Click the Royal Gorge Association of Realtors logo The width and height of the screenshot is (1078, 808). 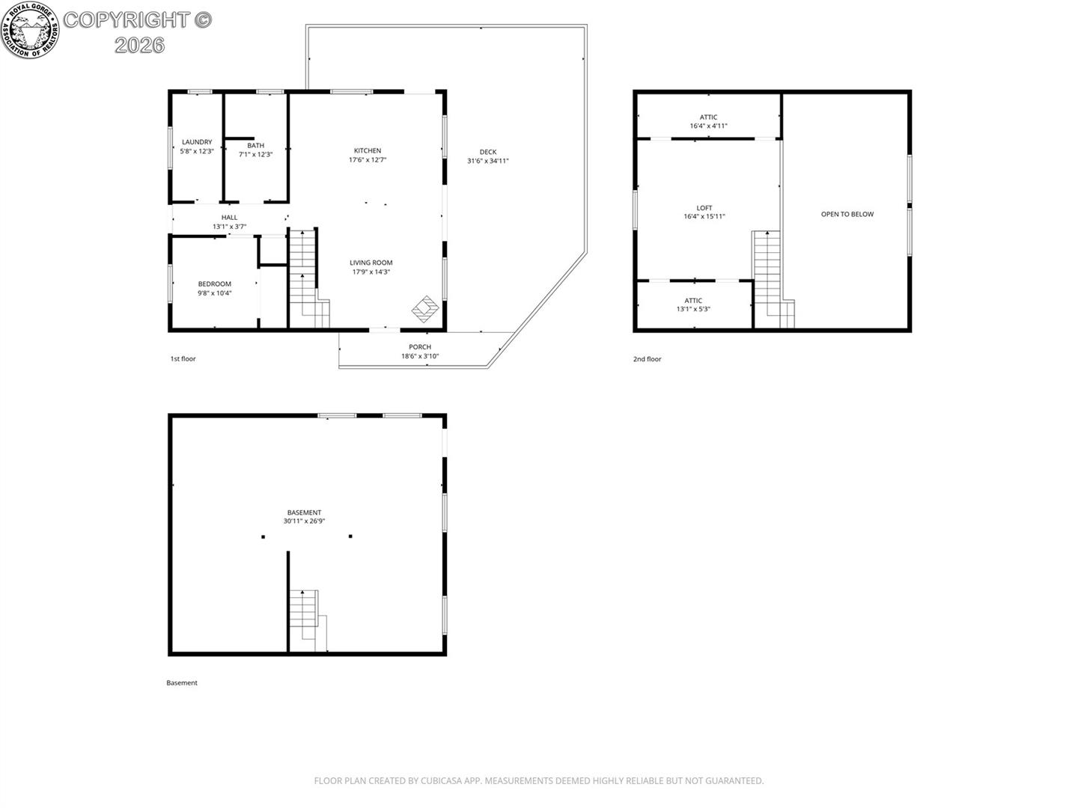(x=31, y=29)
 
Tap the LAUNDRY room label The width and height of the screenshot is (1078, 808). (x=197, y=142)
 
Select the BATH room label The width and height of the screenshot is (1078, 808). (x=255, y=146)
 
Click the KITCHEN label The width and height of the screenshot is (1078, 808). (x=368, y=150)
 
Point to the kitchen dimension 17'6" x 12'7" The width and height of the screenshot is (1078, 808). (x=368, y=160)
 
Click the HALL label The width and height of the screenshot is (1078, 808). (x=229, y=217)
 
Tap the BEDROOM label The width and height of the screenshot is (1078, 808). (x=215, y=284)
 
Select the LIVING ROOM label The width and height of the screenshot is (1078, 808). (x=371, y=263)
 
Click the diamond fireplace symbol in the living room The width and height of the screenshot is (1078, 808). (x=425, y=309)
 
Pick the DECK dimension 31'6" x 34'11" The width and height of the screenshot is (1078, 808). (x=487, y=161)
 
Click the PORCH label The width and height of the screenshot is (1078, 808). (x=420, y=347)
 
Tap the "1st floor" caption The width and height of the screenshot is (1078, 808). (x=183, y=358)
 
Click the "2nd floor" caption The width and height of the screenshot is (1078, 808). (x=647, y=359)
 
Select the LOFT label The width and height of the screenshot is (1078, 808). (x=704, y=208)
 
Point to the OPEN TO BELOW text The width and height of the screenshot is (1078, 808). (x=847, y=215)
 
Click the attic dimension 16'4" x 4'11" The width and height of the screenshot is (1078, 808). (x=708, y=126)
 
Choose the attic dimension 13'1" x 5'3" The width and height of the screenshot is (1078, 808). (x=693, y=309)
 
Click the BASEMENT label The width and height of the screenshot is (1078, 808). (x=304, y=512)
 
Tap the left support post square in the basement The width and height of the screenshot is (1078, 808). (x=264, y=536)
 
